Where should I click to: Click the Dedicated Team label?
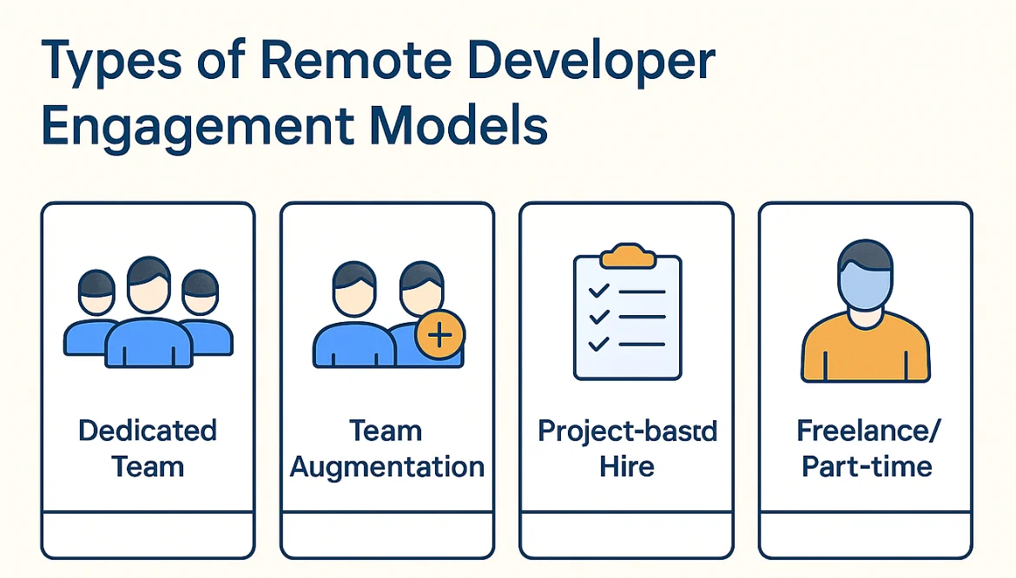(148, 449)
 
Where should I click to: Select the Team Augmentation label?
(386, 449)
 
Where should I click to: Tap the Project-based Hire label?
(627, 449)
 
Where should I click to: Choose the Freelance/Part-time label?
(866, 449)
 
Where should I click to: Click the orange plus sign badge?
(440, 336)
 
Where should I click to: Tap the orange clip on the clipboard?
(627, 256)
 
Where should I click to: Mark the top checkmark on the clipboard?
(598, 292)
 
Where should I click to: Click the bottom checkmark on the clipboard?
(598, 345)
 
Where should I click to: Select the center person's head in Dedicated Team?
(148, 286)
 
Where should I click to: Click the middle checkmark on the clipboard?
(598, 319)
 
